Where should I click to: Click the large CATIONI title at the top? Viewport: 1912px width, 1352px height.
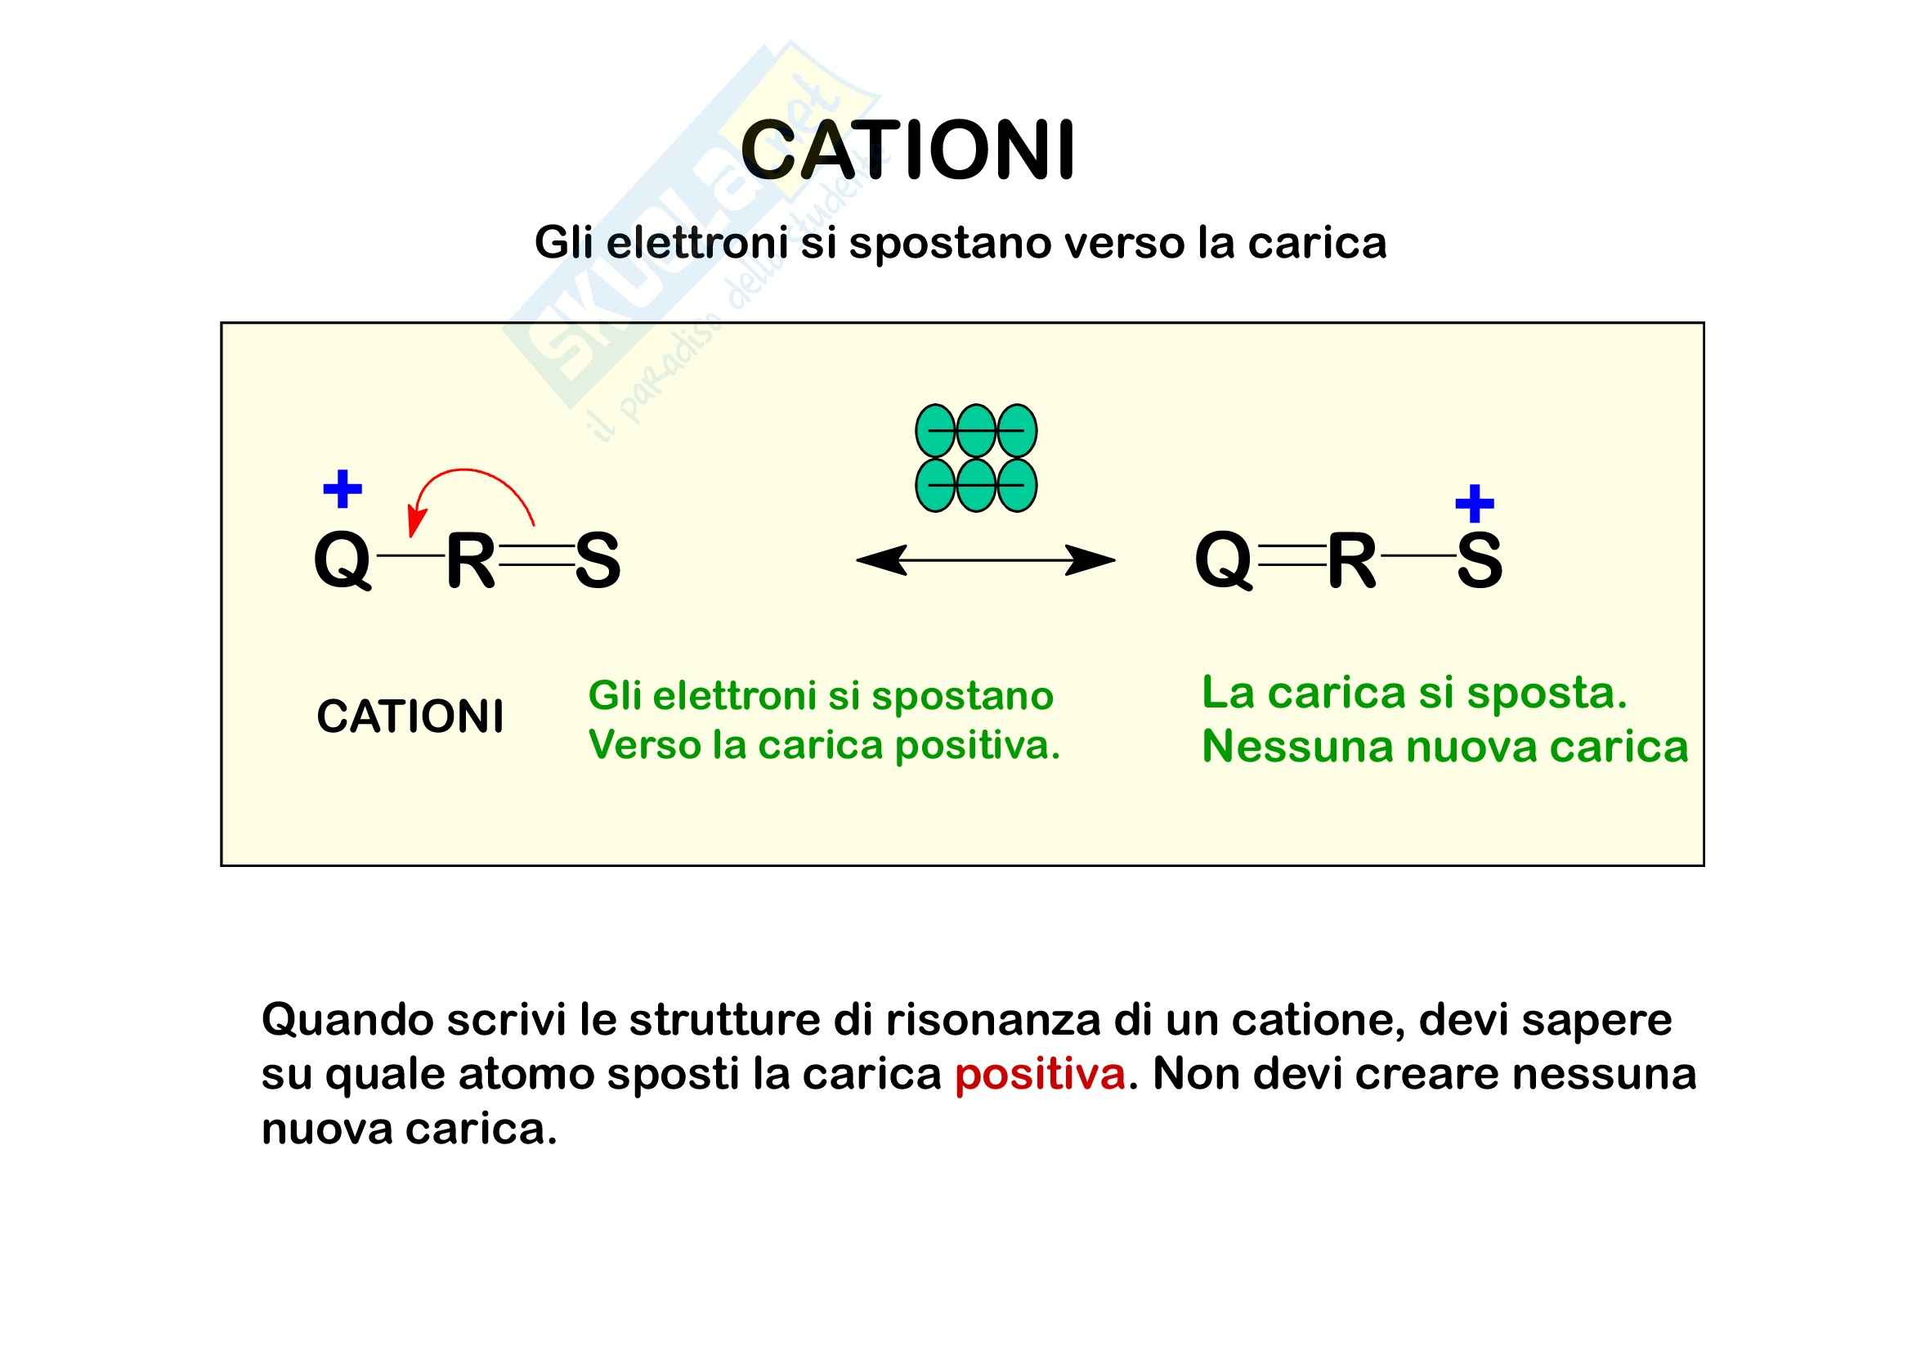click(907, 150)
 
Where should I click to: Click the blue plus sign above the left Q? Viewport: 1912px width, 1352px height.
click(343, 489)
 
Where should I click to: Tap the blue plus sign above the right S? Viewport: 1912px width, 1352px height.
click(1474, 503)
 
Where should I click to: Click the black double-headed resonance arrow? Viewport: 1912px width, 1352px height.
click(985, 560)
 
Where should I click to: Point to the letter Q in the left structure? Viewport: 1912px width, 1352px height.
click(343, 560)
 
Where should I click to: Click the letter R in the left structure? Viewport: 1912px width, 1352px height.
click(471, 560)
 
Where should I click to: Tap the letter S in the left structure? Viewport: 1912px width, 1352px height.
click(597, 560)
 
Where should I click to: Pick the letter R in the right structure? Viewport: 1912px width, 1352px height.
click(1351, 560)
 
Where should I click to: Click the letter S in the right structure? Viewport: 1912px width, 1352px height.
click(1479, 560)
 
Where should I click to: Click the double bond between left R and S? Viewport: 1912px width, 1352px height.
click(535, 555)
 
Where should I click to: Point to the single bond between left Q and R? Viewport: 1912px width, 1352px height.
click(410, 555)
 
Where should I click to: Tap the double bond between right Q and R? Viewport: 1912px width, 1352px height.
click(1292, 555)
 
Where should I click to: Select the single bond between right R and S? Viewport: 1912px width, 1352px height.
click(1418, 555)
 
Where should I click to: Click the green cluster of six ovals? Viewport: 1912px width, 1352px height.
click(976, 458)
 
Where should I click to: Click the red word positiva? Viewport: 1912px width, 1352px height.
click(1039, 1074)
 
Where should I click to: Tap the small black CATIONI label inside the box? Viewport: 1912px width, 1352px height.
click(410, 716)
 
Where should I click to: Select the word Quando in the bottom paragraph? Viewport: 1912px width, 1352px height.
click(347, 1020)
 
